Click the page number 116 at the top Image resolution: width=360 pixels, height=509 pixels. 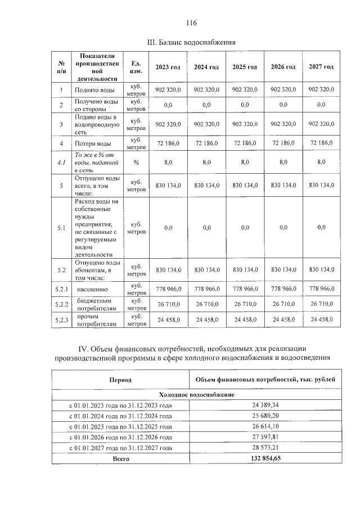(191, 23)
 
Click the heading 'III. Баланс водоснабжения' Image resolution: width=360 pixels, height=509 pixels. (191, 42)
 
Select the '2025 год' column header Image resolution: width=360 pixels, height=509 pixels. (245, 67)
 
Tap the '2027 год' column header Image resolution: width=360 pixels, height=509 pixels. (321, 67)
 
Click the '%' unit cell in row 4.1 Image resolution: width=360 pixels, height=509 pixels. (136, 162)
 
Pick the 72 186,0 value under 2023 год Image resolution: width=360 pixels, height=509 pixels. (168, 144)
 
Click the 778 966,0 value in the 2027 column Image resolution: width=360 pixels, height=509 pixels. (321, 289)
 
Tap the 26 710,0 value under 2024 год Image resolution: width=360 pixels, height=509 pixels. (206, 304)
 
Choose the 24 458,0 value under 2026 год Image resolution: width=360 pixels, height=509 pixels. (283, 319)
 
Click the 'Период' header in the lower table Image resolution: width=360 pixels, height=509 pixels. (120, 380)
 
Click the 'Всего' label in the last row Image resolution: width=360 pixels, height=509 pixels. (120, 458)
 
